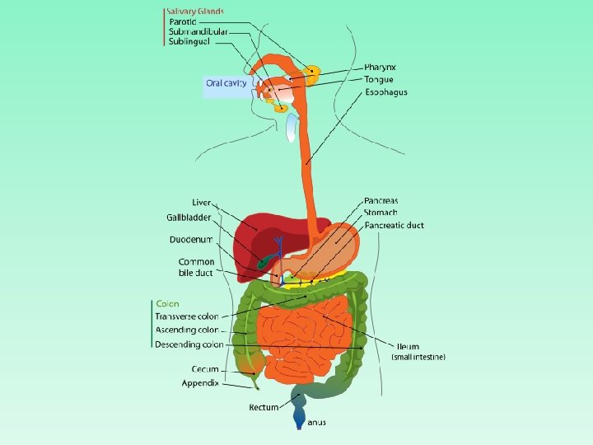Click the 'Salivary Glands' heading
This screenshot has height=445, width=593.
194,12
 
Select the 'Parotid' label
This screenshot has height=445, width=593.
182,21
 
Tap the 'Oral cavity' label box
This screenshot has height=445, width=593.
226,82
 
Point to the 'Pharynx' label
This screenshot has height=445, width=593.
381,67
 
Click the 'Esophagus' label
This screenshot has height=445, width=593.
385,92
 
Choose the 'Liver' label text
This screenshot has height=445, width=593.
201,202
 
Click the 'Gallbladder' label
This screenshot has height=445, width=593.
189,218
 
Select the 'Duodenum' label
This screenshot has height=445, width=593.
191,240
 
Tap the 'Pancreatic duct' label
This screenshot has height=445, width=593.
394,225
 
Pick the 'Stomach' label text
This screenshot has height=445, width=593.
381,213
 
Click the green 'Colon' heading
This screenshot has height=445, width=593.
167,304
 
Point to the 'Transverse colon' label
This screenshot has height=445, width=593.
187,316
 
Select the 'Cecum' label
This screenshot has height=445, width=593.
205,369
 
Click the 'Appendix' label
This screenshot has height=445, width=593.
200,383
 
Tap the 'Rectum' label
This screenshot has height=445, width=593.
264,407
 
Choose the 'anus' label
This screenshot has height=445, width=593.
316,423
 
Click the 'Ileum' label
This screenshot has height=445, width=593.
408,346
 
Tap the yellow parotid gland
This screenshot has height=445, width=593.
312,74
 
